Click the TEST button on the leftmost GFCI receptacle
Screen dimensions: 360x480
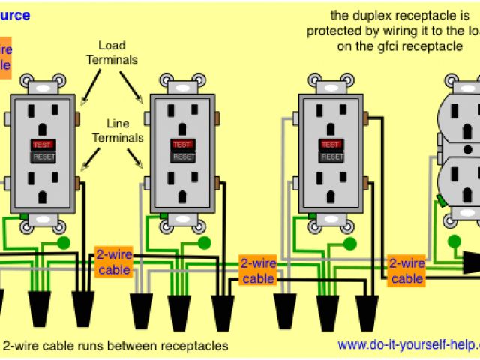(41, 143)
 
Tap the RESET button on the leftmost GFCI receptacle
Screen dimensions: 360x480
(41, 157)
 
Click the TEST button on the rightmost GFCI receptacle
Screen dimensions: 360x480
(330, 143)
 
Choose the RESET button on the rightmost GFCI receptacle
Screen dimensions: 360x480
(330, 157)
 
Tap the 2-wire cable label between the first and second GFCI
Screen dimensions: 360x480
(115, 262)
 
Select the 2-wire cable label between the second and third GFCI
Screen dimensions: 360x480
(259, 271)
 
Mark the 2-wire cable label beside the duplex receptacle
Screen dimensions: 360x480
(407, 271)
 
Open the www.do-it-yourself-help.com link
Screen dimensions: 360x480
(407, 346)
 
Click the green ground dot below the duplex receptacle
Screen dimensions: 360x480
(454, 241)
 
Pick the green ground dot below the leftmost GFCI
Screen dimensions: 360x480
(64, 243)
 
